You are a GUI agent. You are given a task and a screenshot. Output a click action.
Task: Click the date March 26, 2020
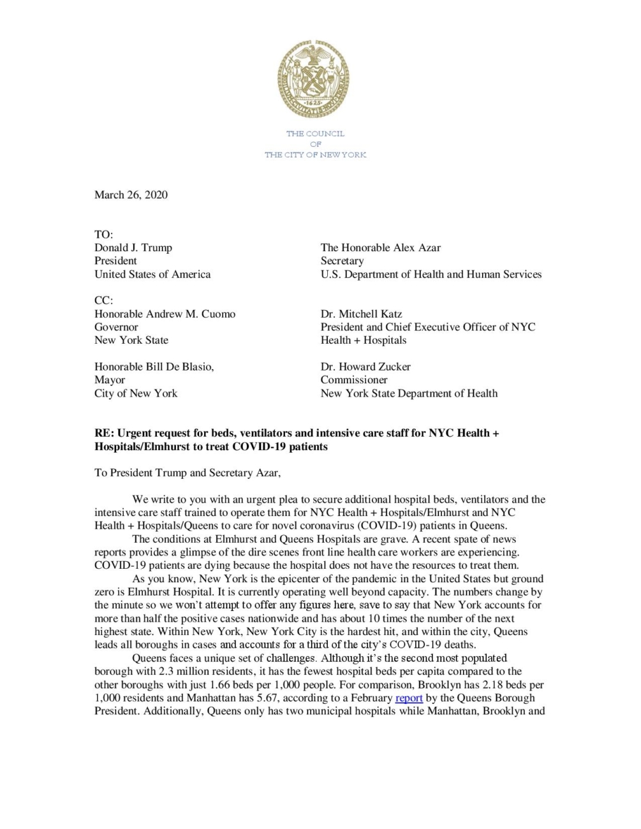[x=131, y=195]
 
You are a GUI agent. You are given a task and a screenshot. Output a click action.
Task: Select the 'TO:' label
[x=103, y=235]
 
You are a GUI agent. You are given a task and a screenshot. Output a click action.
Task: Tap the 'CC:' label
[x=103, y=300]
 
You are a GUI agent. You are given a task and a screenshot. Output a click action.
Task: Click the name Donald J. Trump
[x=133, y=248]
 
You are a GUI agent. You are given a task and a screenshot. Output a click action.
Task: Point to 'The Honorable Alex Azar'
[x=380, y=248]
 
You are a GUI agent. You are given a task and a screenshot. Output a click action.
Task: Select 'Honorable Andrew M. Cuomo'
[x=165, y=314]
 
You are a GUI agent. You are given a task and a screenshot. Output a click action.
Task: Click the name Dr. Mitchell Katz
[x=361, y=314]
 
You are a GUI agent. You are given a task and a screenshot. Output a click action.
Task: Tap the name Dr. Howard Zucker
[x=365, y=367]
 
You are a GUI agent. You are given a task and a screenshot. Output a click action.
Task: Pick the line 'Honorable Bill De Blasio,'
[x=154, y=367]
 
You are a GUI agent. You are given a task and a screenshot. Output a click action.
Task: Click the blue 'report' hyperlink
[x=409, y=698]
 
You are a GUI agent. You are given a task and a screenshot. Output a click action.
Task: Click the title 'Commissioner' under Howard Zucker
[x=354, y=380]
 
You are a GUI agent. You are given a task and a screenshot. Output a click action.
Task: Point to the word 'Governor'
[x=116, y=327]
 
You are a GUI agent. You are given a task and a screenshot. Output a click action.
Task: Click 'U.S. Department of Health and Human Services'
[x=431, y=274]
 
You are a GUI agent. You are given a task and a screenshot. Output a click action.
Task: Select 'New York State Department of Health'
[x=409, y=393]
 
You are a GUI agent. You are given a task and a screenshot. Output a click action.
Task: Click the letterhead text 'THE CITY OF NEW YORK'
[x=315, y=155]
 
